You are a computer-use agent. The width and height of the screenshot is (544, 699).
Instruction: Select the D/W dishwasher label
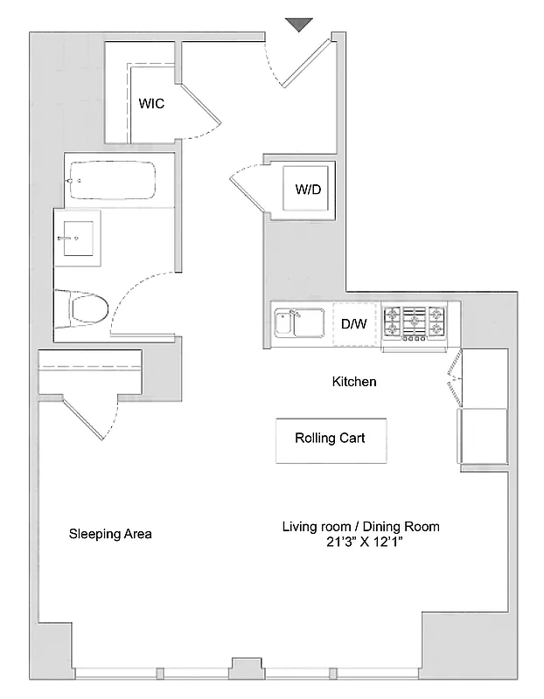tap(353, 323)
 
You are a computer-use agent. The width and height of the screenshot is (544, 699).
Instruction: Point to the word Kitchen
tap(354, 382)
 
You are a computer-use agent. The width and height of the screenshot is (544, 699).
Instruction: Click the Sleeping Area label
tap(110, 534)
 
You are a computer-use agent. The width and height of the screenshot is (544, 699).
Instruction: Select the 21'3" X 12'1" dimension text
tap(359, 543)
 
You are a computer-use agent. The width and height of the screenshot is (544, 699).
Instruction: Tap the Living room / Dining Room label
tap(359, 527)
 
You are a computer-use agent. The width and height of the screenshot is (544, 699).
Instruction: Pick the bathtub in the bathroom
tap(110, 181)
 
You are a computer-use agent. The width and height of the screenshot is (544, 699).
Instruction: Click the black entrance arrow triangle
tap(299, 24)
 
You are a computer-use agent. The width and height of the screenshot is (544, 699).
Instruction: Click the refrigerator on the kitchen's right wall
tap(482, 435)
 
